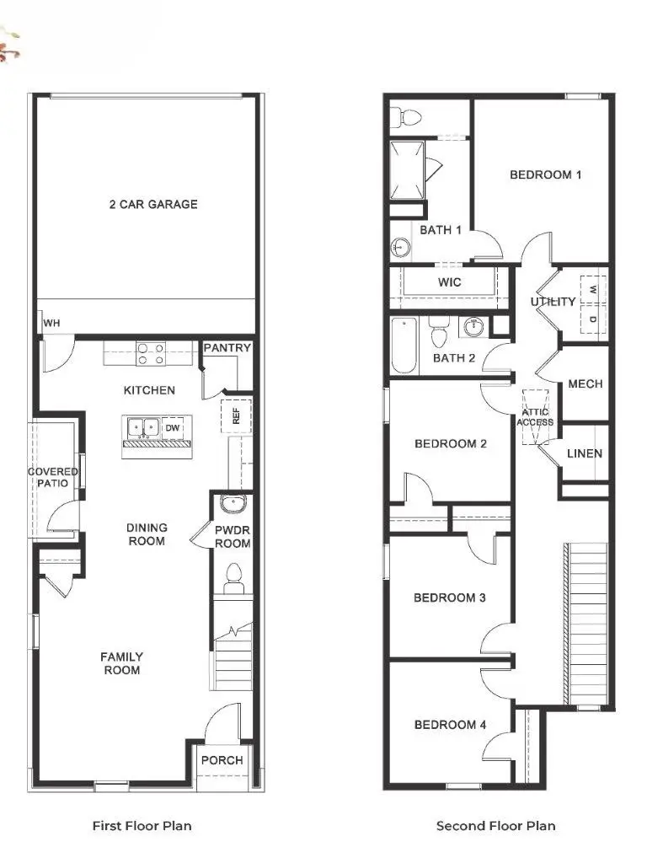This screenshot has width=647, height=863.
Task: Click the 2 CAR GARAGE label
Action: [x=153, y=204]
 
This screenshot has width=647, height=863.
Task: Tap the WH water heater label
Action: [x=51, y=323]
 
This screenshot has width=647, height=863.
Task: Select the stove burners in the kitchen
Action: [x=150, y=353]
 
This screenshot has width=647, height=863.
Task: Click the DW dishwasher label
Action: [x=172, y=428]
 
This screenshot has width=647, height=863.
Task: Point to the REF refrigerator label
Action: [x=237, y=416]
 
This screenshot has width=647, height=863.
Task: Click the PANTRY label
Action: [x=227, y=348]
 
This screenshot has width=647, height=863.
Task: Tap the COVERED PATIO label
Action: [x=53, y=478]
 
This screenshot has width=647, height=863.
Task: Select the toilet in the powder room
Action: [x=233, y=576]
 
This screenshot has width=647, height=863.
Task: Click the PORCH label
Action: [x=222, y=760]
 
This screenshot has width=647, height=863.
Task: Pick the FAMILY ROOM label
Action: [x=121, y=663]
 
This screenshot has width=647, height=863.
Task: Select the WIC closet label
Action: [x=450, y=282]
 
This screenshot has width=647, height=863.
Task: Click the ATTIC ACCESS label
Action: [x=535, y=416]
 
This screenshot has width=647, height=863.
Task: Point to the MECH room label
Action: [x=586, y=384]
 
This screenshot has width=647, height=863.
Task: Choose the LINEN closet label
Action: [x=585, y=453]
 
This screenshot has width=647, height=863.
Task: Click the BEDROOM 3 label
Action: [x=450, y=598]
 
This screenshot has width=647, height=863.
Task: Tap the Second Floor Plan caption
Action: [x=495, y=826]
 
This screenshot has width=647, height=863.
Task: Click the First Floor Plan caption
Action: [x=142, y=826]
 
